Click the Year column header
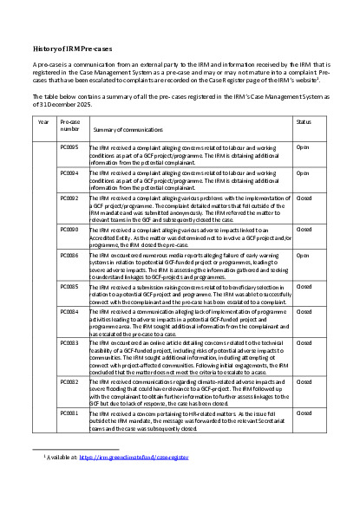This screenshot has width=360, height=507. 43,121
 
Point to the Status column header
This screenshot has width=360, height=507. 304,121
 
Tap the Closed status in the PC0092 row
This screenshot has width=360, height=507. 304,198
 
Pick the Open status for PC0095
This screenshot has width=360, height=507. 303,147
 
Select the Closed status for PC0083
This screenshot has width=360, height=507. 304,343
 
